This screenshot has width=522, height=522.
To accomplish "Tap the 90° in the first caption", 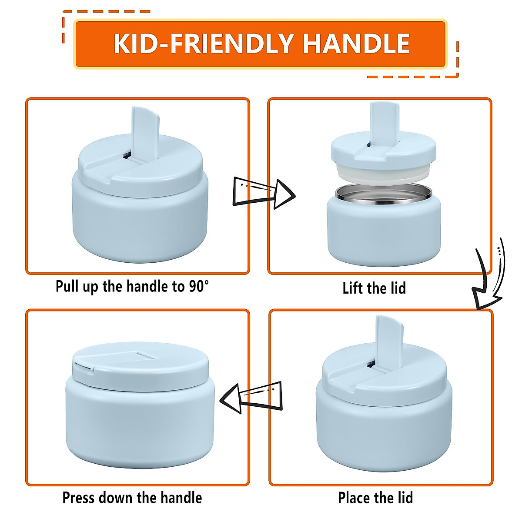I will pos(199,286).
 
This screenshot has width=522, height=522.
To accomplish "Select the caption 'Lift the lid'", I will pos(374,288).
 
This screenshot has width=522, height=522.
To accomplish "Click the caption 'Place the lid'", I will pos(375,498).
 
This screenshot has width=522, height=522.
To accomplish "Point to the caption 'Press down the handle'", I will pos(132,498).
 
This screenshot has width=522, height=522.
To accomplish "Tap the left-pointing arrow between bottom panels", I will pos(251,397).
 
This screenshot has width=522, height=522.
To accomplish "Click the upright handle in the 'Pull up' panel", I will pos(145,133).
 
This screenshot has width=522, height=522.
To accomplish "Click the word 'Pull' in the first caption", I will pos(67,286).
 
